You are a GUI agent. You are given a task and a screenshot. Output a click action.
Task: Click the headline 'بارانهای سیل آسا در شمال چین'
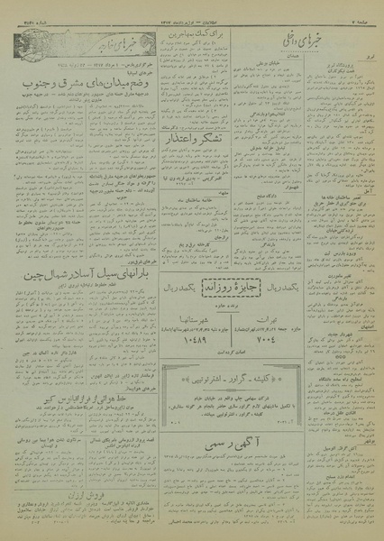point(78,269)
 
